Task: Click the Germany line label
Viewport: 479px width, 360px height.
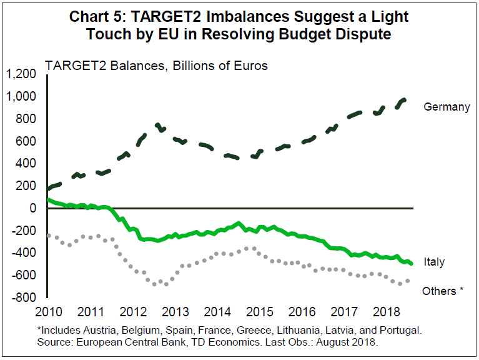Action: click(447, 107)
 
